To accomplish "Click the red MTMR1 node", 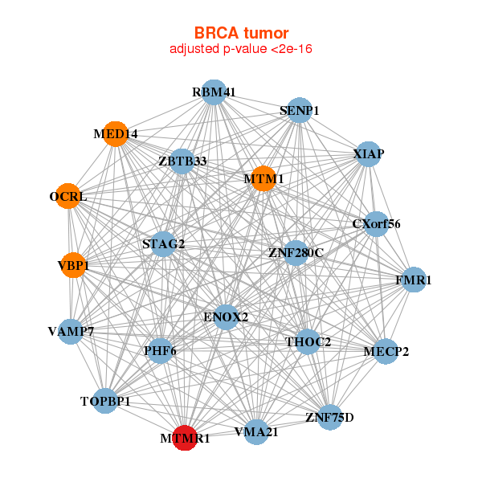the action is [x=186, y=438].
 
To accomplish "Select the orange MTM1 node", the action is [x=263, y=178].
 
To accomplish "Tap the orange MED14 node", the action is [x=116, y=134].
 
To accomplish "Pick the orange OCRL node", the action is [x=68, y=196].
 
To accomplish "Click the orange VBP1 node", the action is [x=73, y=264].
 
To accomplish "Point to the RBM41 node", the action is [x=214, y=92].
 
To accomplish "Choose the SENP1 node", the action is [x=299, y=110].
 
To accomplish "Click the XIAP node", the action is [x=368, y=153].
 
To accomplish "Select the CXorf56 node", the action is [x=375, y=224].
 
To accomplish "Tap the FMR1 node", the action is [x=414, y=280].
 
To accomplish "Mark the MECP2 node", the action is [x=386, y=351].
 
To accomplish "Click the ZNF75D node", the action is [x=329, y=417].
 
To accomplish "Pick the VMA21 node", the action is [x=255, y=431].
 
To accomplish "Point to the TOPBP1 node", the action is [x=105, y=400].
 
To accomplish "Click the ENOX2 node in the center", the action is [x=226, y=317].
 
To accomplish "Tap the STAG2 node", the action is [x=164, y=243].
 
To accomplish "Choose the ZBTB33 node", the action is [x=182, y=161].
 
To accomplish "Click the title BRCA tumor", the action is [x=241, y=33].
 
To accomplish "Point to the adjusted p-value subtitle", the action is [x=241, y=49].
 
